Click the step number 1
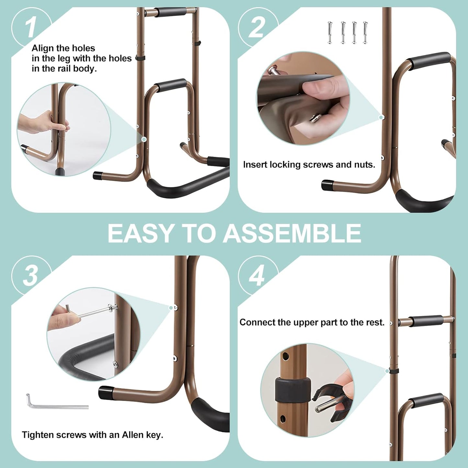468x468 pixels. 31,28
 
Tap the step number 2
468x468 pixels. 257,28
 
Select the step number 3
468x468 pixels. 30,276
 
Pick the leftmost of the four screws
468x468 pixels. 330,33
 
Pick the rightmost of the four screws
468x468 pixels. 365,33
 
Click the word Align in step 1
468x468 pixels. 42,48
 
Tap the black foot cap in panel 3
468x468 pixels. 106,393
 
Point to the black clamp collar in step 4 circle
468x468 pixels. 293,390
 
